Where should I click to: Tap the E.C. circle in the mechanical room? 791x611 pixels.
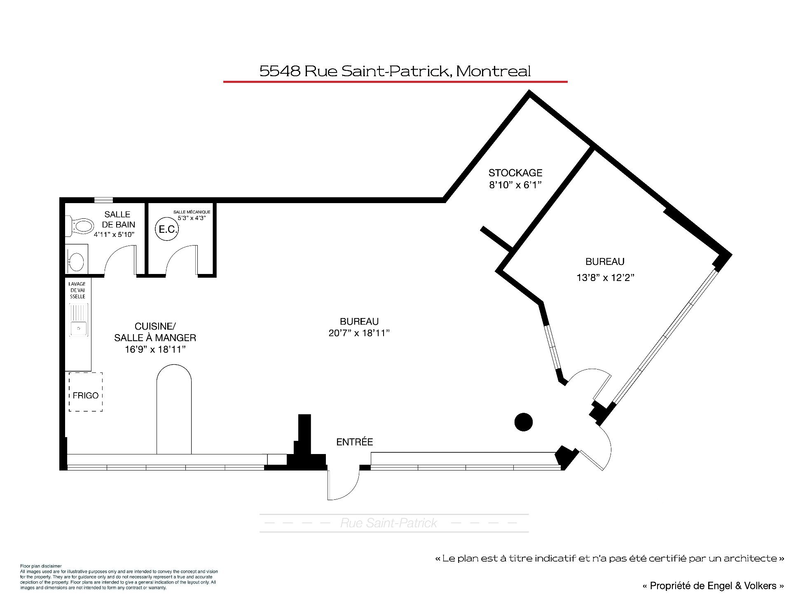[167, 229]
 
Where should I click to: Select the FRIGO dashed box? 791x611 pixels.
[86, 392]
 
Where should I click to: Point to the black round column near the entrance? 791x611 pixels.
[524, 422]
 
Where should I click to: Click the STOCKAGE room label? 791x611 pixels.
[515, 173]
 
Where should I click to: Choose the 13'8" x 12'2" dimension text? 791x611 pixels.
[605, 278]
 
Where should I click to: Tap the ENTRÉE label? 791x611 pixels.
[355, 442]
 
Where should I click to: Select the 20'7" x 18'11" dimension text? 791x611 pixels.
[359, 333]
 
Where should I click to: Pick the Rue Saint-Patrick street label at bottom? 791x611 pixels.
[388, 523]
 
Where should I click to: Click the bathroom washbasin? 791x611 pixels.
[77, 260]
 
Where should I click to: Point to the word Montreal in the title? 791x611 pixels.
[494, 71]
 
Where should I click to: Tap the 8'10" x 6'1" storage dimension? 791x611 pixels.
[515, 185]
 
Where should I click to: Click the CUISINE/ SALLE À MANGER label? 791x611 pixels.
[155, 332]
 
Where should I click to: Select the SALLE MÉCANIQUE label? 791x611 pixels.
[192, 212]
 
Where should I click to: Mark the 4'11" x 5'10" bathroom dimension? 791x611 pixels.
[114, 235]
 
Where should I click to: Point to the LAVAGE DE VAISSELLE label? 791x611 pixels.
[77, 290]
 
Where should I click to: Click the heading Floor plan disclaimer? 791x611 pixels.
[41, 566]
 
